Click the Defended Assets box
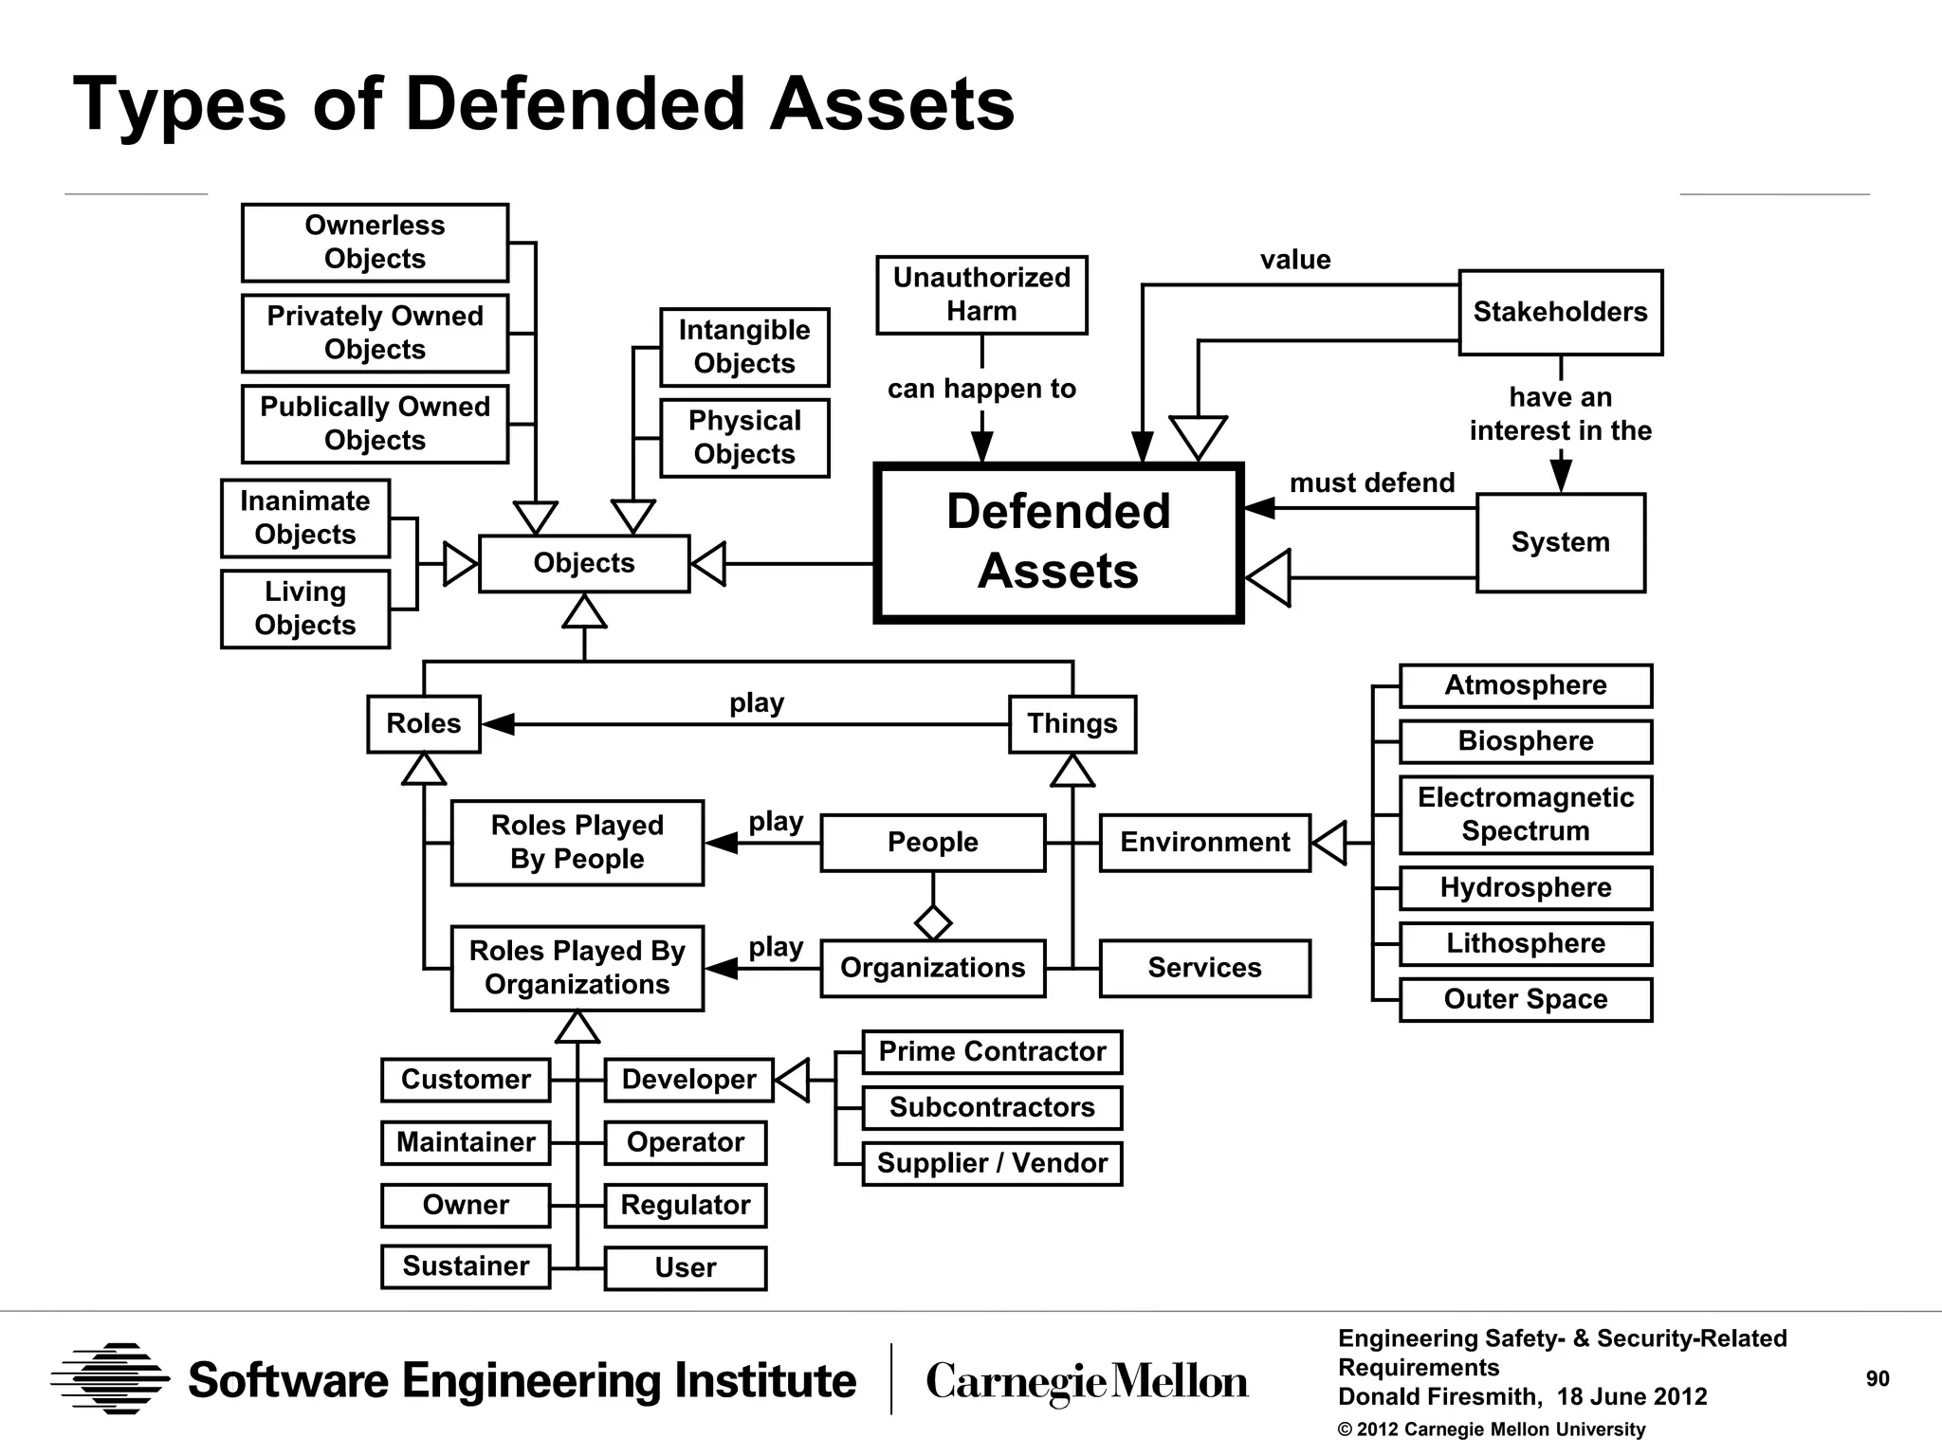(1058, 542)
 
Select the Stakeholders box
(1560, 313)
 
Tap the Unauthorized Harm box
(981, 295)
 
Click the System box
(1560, 542)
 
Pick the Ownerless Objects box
(375, 243)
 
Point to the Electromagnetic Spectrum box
(1525, 814)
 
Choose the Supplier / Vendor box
(992, 1163)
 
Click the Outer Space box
(1525, 999)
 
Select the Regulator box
(685, 1205)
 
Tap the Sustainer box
(466, 1266)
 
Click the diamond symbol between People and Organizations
(933, 922)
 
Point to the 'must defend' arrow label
(1371, 482)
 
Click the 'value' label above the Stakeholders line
(1294, 260)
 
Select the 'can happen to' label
(981, 389)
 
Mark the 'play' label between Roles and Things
(756, 703)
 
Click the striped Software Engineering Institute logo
(110, 1378)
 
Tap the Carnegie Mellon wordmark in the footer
(1087, 1381)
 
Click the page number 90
(1877, 1379)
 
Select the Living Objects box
(305, 609)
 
